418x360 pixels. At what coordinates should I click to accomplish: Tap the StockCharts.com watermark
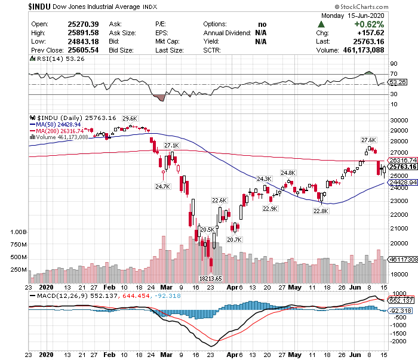coord(380,6)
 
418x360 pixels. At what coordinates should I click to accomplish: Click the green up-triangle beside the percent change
coord(321,24)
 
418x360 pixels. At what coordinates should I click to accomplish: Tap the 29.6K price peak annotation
coord(130,118)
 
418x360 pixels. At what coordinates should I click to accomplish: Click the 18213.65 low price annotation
coord(210,278)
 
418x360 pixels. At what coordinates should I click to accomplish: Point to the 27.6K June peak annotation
coord(368,140)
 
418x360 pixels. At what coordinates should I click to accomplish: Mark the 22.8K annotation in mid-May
coord(321,210)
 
